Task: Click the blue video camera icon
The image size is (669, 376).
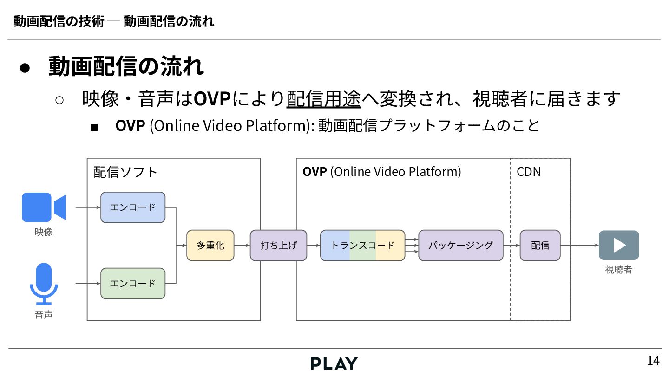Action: pyautogui.click(x=44, y=207)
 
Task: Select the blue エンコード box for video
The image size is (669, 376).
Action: pyautogui.click(x=133, y=207)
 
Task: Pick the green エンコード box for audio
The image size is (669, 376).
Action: pyautogui.click(x=133, y=283)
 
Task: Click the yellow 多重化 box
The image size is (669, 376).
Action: pyautogui.click(x=210, y=245)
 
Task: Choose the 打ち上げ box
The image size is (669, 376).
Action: pyautogui.click(x=278, y=245)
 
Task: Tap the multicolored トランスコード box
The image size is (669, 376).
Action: pyautogui.click(x=362, y=245)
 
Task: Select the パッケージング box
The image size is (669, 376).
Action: pyautogui.click(x=460, y=245)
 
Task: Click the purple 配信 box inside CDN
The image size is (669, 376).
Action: pyautogui.click(x=540, y=245)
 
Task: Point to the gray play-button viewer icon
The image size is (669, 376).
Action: pyautogui.click(x=619, y=245)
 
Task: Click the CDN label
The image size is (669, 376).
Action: pyautogui.click(x=529, y=172)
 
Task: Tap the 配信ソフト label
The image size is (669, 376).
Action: pyautogui.click(x=125, y=172)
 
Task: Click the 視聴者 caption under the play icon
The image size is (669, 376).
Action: pyautogui.click(x=618, y=270)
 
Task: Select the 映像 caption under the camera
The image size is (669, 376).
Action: pyautogui.click(x=44, y=232)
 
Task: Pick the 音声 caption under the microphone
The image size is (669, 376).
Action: pyautogui.click(x=44, y=315)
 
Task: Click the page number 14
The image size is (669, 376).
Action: pyautogui.click(x=653, y=361)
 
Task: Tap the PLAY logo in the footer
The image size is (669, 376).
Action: pyautogui.click(x=334, y=363)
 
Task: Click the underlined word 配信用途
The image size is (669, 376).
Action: pyautogui.click(x=323, y=98)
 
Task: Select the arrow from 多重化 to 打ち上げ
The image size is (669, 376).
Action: pyautogui.click(x=242, y=245)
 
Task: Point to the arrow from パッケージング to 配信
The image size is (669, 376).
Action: pyautogui.click(x=512, y=245)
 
